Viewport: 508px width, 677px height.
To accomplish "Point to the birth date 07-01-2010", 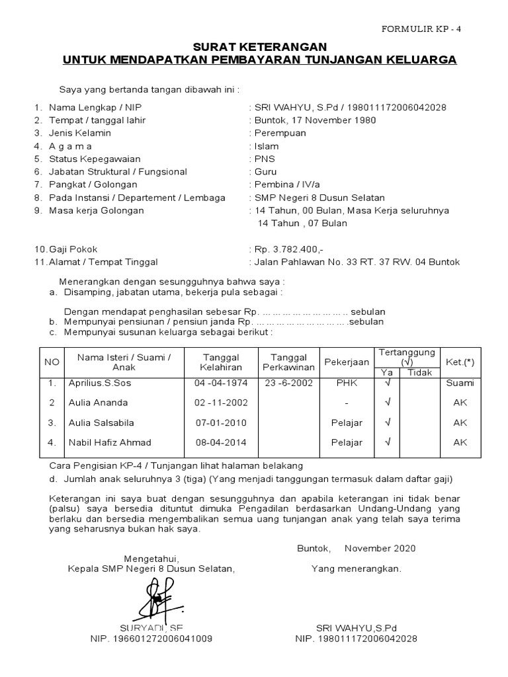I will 218,422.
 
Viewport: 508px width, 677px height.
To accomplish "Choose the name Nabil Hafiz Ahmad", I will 110,442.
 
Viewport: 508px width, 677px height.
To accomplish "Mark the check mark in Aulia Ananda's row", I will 388,403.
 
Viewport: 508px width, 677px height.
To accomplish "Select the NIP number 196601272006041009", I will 151,639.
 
